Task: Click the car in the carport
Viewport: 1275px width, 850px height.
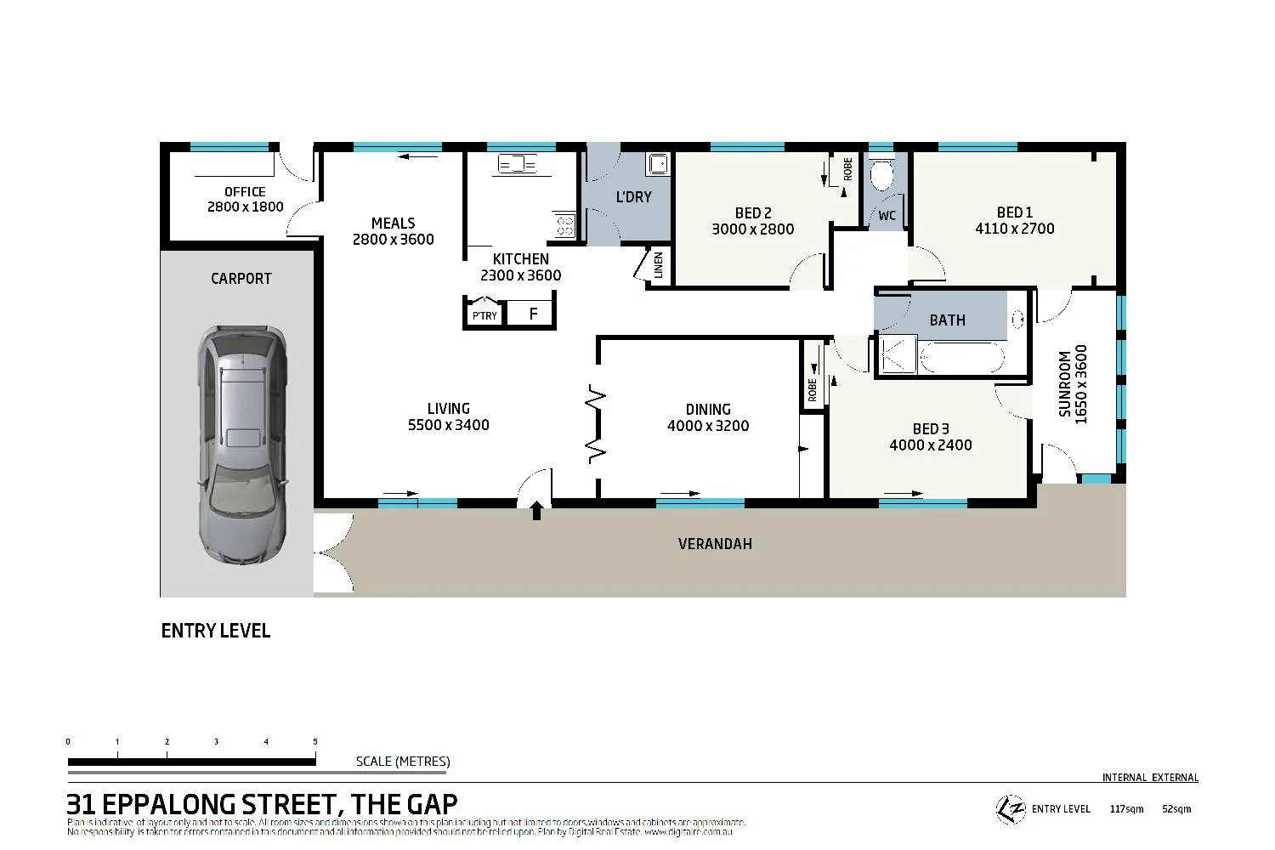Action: pos(242,446)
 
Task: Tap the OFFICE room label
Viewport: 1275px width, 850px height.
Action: pos(245,192)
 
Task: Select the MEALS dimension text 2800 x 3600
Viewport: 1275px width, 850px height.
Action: pos(393,240)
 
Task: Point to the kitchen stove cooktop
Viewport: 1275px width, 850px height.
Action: pos(564,224)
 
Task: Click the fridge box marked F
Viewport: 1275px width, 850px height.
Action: pos(533,314)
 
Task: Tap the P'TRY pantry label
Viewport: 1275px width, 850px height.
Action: pos(484,315)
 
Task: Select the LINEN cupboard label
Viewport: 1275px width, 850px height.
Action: pos(658,266)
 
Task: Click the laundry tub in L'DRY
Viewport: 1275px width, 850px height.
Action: pos(657,163)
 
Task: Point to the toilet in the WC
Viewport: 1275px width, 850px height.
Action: pos(882,176)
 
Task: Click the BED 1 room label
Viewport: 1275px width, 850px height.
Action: pos(1014,212)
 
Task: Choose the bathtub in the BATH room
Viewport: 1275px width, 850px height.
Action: pos(962,357)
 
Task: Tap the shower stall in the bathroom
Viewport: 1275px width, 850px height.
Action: pos(898,355)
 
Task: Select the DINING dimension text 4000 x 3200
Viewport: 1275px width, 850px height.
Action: pos(708,426)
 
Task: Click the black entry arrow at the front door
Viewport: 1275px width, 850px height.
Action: pos(536,510)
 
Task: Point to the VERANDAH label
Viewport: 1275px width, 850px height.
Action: pos(715,544)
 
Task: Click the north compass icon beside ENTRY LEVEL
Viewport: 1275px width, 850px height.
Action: pos(1010,808)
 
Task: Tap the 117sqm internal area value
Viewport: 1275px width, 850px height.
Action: pos(1127,809)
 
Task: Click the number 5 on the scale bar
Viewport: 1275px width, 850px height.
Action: pos(315,742)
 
